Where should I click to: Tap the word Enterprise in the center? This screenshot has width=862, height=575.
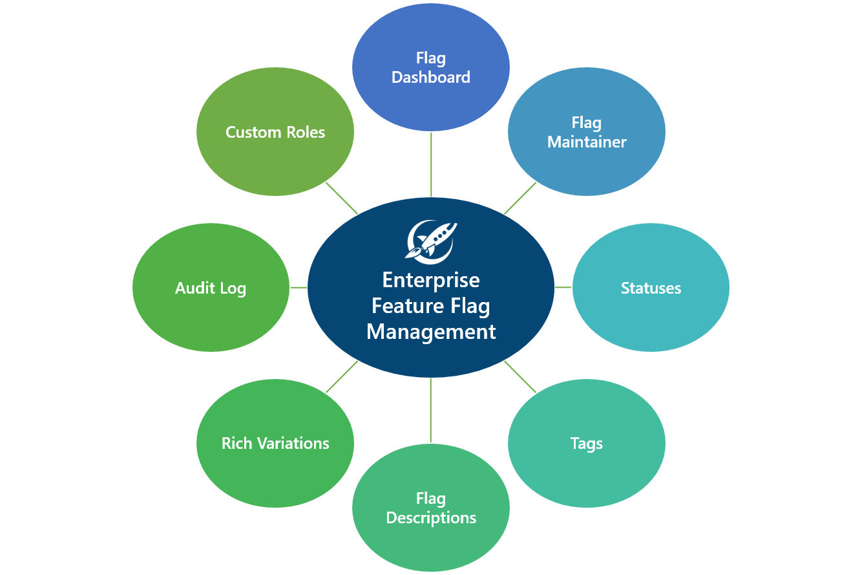tap(431, 280)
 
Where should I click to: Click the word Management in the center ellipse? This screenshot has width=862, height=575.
tap(431, 332)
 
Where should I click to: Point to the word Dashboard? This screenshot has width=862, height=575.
tap(431, 78)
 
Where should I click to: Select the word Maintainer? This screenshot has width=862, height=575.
tap(587, 142)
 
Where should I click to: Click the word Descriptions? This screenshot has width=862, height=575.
tap(431, 518)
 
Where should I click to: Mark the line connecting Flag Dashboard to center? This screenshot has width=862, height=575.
tap(431, 164)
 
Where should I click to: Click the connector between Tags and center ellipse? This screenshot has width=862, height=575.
tap(520, 376)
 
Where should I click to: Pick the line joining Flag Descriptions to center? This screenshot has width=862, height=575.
tap(431, 411)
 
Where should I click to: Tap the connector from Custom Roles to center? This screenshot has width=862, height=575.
tap(342, 198)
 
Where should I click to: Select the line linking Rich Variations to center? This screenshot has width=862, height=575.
tap(342, 376)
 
